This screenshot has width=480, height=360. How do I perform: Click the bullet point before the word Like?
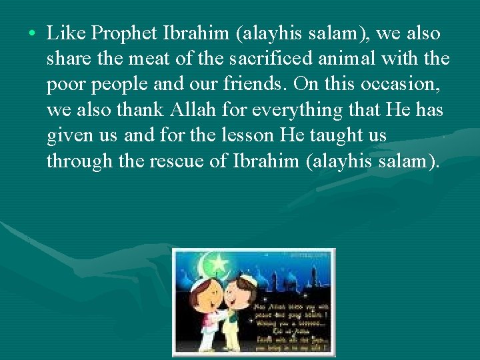[x=32, y=33]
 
